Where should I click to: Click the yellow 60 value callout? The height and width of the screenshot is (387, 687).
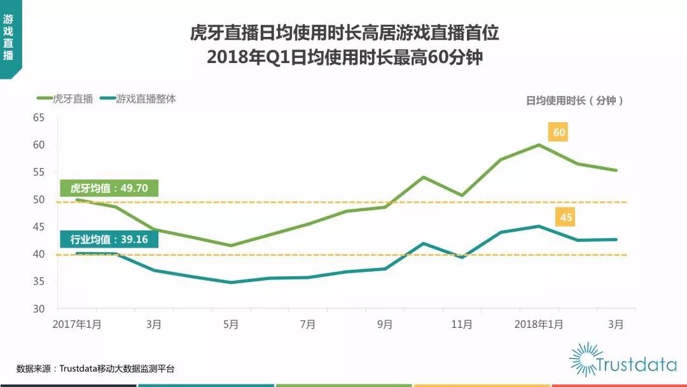pos(559,132)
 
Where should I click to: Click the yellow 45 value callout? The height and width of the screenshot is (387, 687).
pos(566,217)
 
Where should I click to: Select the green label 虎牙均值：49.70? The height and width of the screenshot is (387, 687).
pos(108,188)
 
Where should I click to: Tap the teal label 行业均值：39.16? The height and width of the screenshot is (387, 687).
pos(108,240)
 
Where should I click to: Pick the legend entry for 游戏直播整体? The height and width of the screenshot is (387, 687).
pos(146,99)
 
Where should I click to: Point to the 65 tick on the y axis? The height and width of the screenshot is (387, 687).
pos(39,118)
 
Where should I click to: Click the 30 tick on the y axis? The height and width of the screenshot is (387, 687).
pos(39,309)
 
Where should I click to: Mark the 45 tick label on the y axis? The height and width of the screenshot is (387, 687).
pos(39,227)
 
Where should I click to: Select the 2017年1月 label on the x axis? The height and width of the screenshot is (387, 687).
pos(77,324)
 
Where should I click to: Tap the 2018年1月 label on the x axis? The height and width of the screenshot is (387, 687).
pos(538,324)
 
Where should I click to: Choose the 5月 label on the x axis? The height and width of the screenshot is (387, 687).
pos(231,324)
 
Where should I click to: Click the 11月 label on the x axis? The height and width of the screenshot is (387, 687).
pos(462,324)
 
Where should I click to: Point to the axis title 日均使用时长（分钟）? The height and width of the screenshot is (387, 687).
pos(575,100)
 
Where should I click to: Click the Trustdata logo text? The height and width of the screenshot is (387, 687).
pos(636,365)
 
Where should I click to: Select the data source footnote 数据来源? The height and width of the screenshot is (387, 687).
pos(95,369)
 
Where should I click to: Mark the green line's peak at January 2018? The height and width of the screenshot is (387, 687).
pos(539,144)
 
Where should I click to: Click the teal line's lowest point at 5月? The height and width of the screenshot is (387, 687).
pos(231,282)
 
